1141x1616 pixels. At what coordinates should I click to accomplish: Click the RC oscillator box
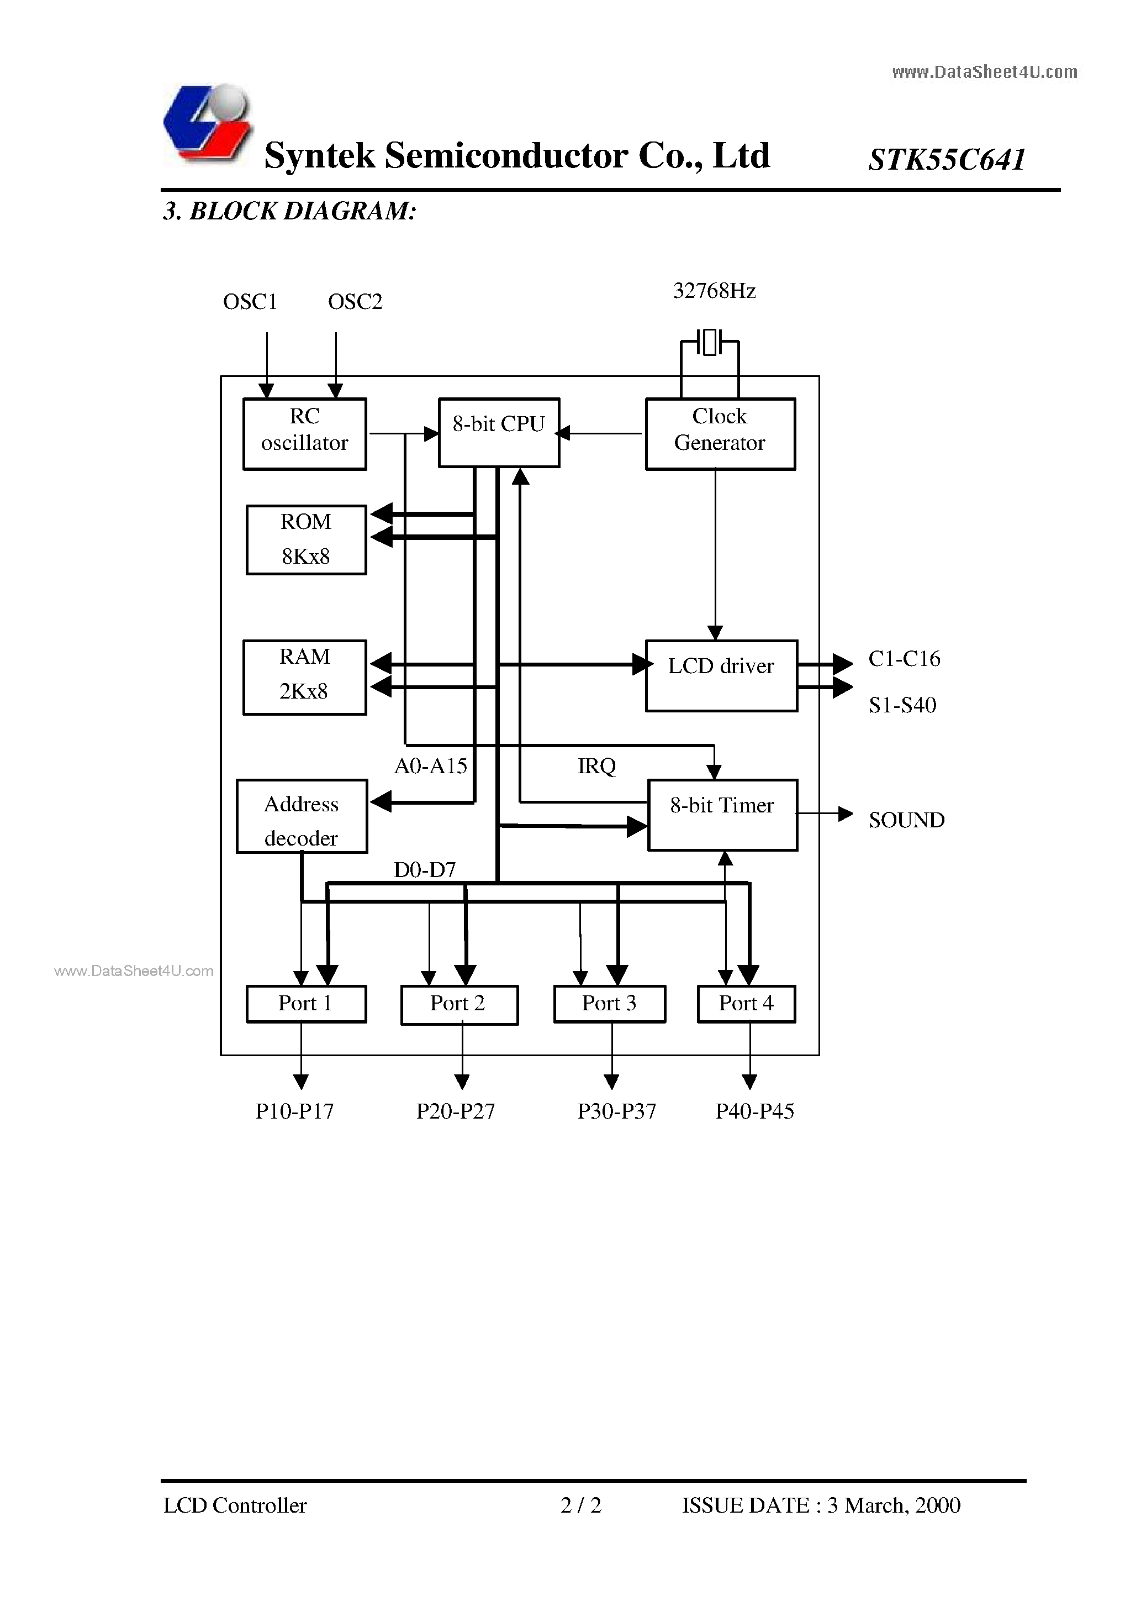click(x=305, y=433)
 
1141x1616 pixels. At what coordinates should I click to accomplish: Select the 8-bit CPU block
click(x=499, y=432)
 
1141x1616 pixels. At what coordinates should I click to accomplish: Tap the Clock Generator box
click(x=720, y=433)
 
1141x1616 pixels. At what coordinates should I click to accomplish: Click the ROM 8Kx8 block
click(x=306, y=539)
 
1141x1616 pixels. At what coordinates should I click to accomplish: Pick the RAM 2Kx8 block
click(x=305, y=676)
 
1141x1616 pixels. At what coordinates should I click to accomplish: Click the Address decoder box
click(x=302, y=816)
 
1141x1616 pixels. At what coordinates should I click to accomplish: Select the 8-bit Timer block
click(x=722, y=814)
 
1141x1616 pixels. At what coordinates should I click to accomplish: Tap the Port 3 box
click(x=609, y=1003)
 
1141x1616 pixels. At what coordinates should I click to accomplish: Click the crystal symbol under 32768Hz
click(x=710, y=342)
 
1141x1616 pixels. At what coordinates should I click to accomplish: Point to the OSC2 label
click(x=355, y=302)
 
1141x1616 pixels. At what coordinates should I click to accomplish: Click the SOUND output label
click(x=906, y=820)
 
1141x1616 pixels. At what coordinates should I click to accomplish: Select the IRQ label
click(x=596, y=766)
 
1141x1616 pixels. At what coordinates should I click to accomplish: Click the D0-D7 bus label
click(x=424, y=870)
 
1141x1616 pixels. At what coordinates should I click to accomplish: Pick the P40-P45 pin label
click(x=754, y=1111)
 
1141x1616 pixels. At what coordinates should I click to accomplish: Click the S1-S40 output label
click(x=902, y=705)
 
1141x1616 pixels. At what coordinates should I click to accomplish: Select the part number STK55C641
click(x=947, y=160)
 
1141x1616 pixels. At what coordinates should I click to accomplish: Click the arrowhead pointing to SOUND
click(x=846, y=814)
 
